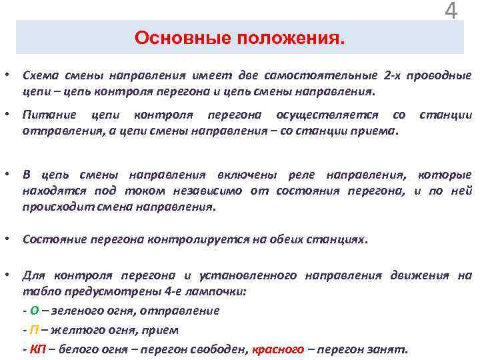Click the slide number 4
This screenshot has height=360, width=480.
tap(451, 11)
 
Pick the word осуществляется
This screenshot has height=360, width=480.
tap(329, 115)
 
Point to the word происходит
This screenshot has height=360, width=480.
tap(53, 207)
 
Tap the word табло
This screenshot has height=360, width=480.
tap(37, 292)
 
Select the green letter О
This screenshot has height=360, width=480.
tap(34, 311)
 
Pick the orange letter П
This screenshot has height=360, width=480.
tap(34, 330)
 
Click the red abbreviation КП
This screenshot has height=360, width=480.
tap(37, 349)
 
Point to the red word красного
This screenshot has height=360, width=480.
tap(278, 349)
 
